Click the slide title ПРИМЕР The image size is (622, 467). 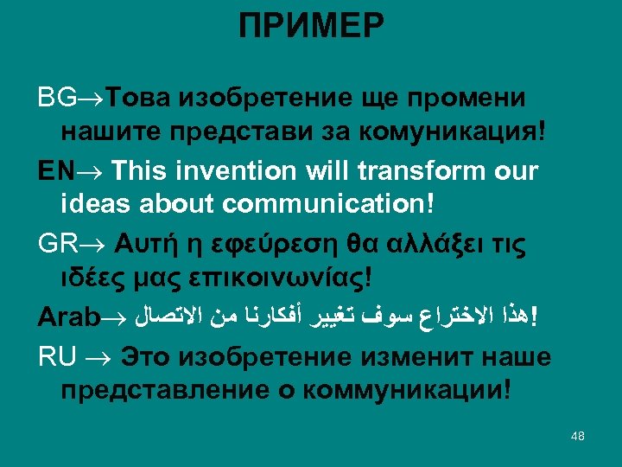312,26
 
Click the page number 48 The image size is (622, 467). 578,436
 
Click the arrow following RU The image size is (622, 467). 100,356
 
